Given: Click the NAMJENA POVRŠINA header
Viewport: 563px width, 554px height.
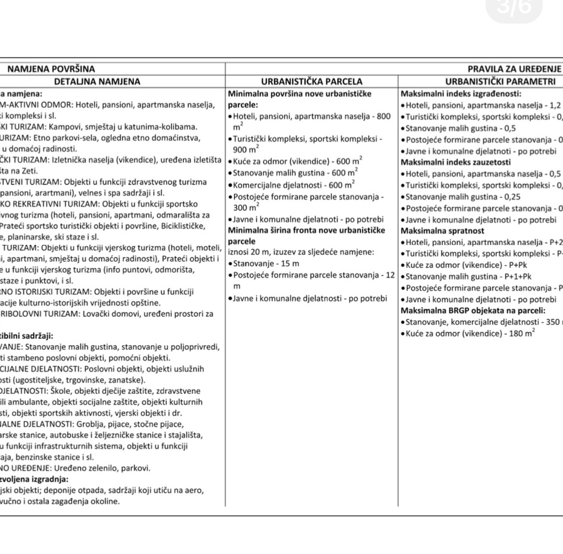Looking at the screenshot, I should pyautogui.click(x=51, y=69).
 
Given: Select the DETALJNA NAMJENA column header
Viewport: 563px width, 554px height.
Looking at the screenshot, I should pyautogui.click(x=97, y=82).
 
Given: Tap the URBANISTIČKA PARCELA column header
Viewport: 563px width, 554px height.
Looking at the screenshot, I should pyautogui.click(x=312, y=82).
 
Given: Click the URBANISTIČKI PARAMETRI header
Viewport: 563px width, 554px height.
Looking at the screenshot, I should pyautogui.click(x=500, y=82).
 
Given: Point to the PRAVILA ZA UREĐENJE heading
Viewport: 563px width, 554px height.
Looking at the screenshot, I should pyautogui.click(x=515, y=69).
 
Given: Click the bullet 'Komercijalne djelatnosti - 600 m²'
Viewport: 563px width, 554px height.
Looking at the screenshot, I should pyautogui.click(x=294, y=185).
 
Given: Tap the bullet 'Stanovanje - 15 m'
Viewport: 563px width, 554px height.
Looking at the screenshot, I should pyautogui.click(x=266, y=264).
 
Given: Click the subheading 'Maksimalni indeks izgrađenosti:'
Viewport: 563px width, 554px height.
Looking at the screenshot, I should pyautogui.click(x=461, y=94).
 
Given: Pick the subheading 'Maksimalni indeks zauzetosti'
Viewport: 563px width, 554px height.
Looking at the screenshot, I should pyautogui.click(x=456, y=162).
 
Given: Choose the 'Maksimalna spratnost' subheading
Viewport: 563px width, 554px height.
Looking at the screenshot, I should pyautogui.click(x=442, y=231).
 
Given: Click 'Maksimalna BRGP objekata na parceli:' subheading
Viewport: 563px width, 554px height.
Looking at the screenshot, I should pyautogui.click(x=473, y=311).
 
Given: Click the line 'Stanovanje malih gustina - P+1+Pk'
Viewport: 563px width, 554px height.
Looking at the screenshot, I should pyautogui.click(x=468, y=277).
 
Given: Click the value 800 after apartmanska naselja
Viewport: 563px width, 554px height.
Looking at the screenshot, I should pyautogui.click(x=384, y=116).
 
